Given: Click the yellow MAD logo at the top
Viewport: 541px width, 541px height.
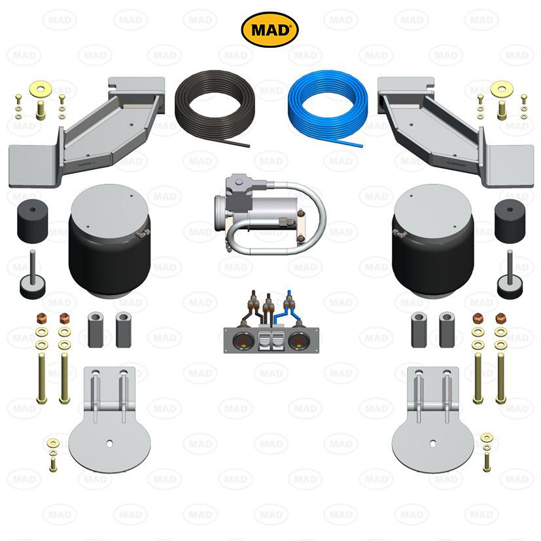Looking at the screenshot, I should click(x=270, y=29).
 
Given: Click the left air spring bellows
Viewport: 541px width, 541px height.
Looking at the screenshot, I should click(x=109, y=245).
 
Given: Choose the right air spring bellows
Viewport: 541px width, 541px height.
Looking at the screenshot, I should click(x=433, y=245).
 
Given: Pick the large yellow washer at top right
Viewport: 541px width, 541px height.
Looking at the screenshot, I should click(x=502, y=87).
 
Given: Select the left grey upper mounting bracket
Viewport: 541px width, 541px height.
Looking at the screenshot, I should click(x=92, y=128).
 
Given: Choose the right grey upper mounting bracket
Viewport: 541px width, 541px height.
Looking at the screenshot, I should click(x=451, y=128).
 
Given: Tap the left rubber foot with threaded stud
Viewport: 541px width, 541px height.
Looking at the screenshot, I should click(x=32, y=282).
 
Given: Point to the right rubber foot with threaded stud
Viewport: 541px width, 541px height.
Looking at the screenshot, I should click(x=509, y=282).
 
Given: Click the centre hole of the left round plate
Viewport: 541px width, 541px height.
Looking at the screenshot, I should click(x=109, y=444).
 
